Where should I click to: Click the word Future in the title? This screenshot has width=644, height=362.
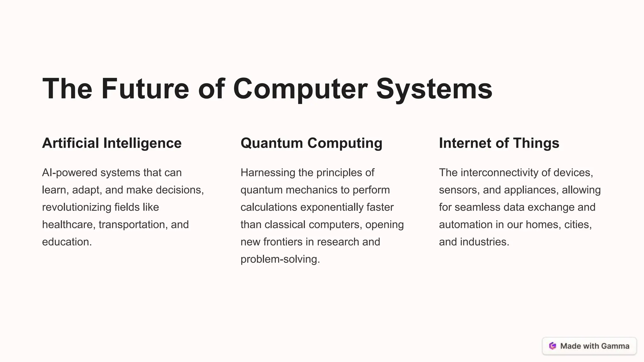pos(145,89)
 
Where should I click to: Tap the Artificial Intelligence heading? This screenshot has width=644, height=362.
pos(112,143)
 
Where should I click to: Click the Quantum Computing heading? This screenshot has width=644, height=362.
pos(311,143)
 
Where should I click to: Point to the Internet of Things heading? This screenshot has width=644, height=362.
pos(499,143)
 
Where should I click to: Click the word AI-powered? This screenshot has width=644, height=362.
pos(69,173)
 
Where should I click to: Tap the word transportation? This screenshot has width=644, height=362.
pos(133,224)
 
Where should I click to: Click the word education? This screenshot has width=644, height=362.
pos(67,242)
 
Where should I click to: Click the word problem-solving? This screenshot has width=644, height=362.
pos(280,259)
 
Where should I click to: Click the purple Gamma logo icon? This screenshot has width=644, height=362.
pos(552,346)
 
